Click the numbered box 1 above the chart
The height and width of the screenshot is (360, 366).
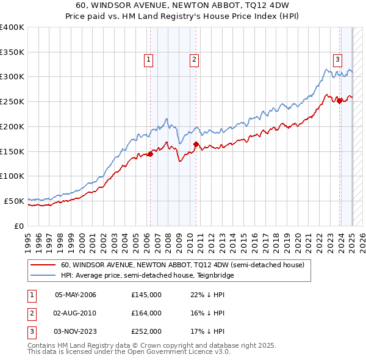tap(149, 59)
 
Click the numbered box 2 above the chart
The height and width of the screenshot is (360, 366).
tap(193, 59)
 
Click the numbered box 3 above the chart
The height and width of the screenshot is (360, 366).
tap(337, 59)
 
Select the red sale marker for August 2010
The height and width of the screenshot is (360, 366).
tap(196, 144)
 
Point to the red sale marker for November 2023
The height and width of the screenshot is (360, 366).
tap(340, 101)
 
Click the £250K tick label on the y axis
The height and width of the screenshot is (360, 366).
tap(12, 101)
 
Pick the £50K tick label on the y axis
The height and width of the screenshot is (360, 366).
tap(14, 201)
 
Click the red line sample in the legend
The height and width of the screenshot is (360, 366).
tap(43, 265)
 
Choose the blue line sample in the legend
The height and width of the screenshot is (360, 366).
tap(43, 275)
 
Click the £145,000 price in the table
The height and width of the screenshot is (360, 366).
tap(146, 295)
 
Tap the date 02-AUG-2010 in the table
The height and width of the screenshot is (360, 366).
tap(76, 313)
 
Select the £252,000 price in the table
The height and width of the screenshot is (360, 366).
tap(146, 331)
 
